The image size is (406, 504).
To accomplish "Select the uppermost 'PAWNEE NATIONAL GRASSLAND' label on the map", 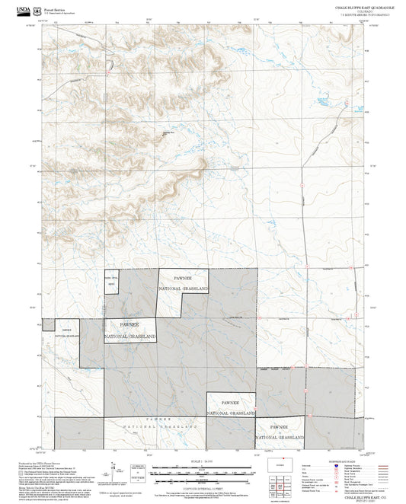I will tap(184, 284).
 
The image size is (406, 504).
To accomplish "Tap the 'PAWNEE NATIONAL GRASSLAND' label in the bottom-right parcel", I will tap(280, 432).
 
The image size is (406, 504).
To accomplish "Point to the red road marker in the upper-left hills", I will tap(111, 65).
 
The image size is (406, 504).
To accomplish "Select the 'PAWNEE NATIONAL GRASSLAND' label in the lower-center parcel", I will tap(231, 407).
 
